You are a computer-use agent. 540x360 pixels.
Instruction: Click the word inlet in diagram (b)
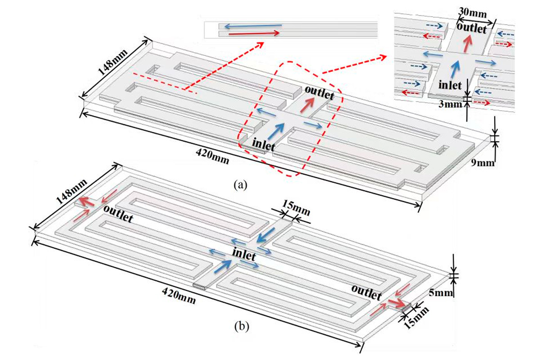(244, 257)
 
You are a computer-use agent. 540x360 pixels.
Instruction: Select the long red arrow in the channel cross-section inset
(254, 33)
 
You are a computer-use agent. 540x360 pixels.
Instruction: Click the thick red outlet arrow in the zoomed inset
(469, 44)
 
